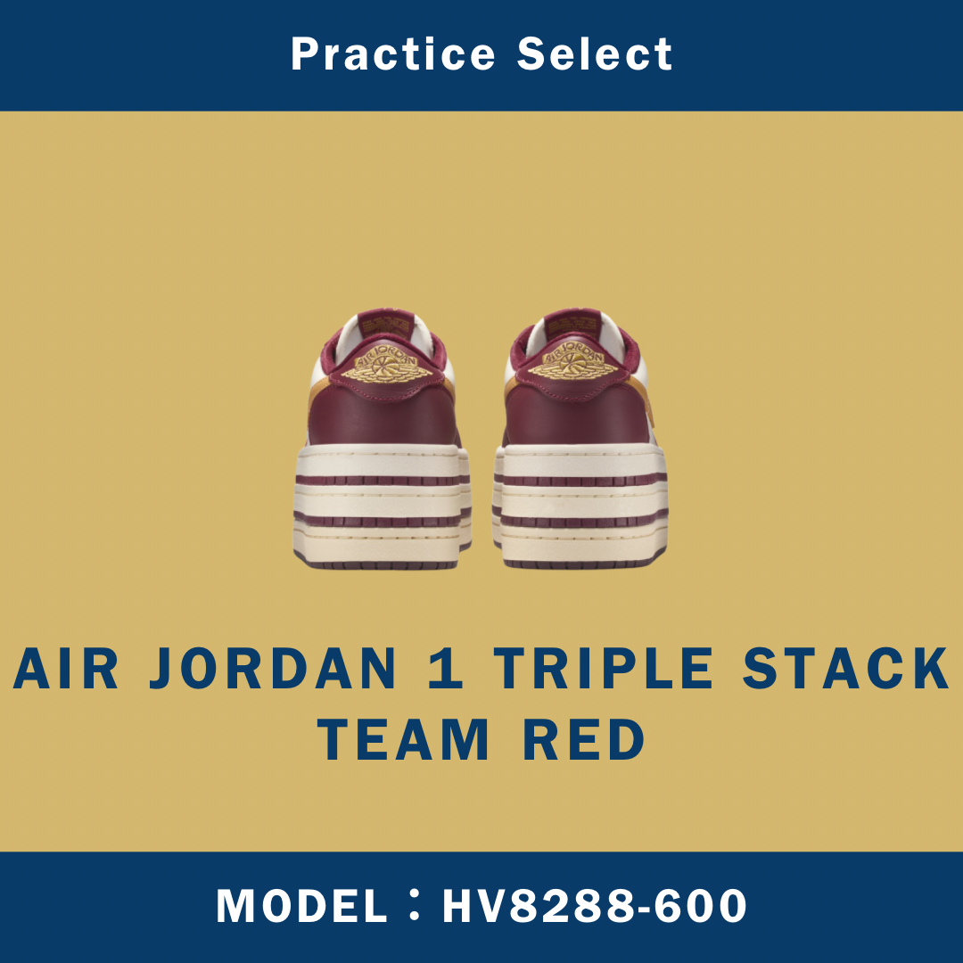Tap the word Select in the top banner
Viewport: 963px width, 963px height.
point(595,55)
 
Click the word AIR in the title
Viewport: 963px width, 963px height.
point(66,670)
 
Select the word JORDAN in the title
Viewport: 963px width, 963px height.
point(272,670)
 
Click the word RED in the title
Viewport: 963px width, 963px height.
point(584,740)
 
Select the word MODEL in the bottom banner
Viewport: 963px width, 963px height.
point(301,907)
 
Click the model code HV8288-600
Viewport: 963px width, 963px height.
point(595,907)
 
